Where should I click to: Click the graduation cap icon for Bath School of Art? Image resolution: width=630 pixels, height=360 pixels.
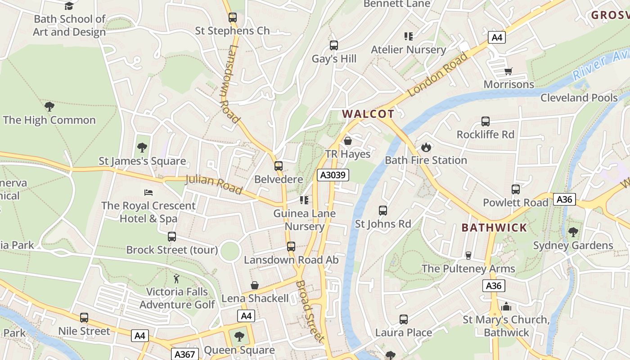tap(69, 6)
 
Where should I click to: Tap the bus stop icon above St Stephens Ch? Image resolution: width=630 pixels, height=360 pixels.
tap(232, 18)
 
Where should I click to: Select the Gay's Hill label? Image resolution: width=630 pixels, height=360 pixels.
tap(334, 59)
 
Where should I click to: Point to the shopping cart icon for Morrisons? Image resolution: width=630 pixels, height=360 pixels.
tap(508, 71)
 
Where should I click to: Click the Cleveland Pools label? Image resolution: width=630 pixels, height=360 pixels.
tap(579, 98)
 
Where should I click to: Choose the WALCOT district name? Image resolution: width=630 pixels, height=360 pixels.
tap(368, 114)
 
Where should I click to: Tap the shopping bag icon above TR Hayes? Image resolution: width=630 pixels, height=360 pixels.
tap(348, 141)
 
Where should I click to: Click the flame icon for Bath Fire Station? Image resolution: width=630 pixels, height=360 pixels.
tap(426, 147)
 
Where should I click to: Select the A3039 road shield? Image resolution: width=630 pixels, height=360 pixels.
tap(333, 175)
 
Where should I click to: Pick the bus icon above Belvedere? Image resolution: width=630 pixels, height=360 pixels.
tap(279, 166)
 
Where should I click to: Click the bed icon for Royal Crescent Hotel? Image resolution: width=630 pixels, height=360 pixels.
tap(148, 193)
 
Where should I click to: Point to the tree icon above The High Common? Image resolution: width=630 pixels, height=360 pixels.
tap(49, 107)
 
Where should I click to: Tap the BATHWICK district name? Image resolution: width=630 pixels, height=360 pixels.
tap(494, 228)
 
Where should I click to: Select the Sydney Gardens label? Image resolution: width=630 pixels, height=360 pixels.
tap(573, 246)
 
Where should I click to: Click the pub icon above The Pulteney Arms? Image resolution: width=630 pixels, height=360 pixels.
tap(468, 256)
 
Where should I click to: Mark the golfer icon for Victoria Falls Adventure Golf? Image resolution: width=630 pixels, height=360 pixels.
tap(177, 279)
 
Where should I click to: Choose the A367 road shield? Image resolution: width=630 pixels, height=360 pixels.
tap(185, 354)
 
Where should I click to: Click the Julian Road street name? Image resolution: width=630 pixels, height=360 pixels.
tap(214, 184)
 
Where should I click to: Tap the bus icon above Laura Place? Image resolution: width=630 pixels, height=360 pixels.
tap(404, 319)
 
